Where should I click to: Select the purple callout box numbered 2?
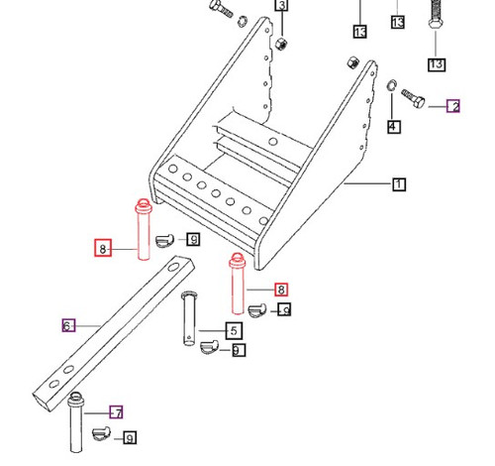453,106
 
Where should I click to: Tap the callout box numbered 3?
281,7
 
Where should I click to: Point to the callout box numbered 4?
393,127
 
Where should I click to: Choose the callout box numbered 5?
234,330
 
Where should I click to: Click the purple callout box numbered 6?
68,325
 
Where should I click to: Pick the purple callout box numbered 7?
116,411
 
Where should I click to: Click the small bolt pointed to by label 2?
415,101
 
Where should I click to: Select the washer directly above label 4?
393,95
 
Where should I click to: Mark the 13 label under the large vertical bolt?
437,63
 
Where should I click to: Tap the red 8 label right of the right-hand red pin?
281,291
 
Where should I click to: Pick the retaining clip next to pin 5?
210,347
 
